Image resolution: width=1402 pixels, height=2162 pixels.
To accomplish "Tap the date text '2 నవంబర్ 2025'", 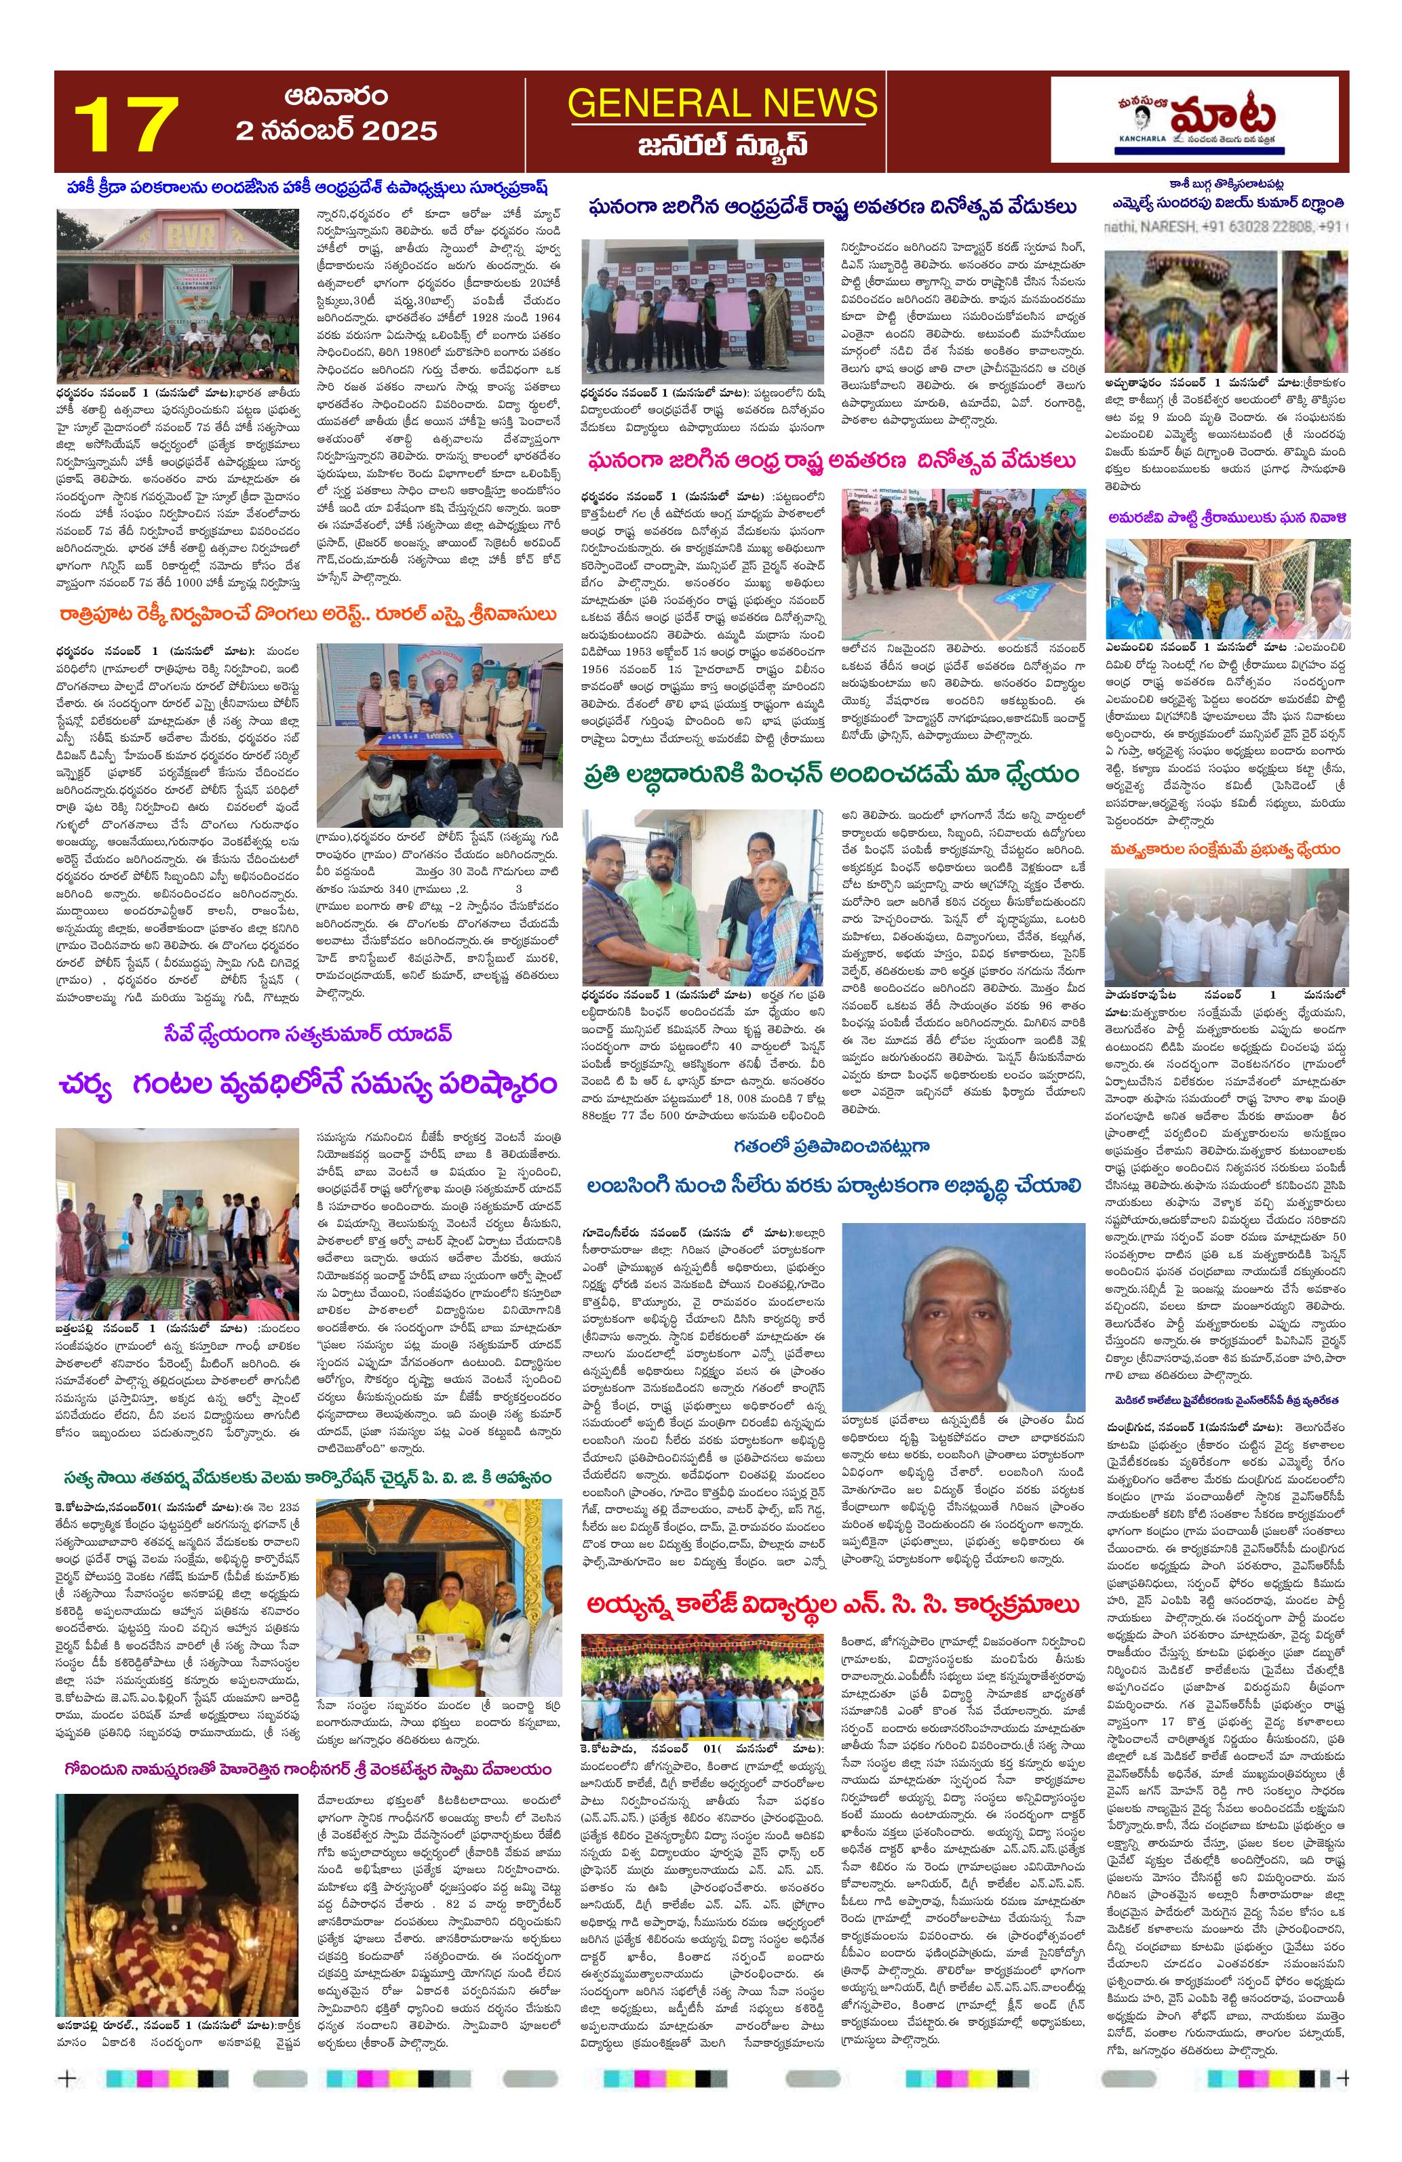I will (336, 131).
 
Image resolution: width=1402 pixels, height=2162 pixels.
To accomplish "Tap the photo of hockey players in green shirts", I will (176, 295).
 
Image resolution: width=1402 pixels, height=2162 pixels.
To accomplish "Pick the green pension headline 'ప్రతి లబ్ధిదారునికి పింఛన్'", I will (830, 774).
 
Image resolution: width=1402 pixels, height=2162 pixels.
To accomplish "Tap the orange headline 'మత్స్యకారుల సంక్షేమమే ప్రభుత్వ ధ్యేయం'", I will (1224, 849).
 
